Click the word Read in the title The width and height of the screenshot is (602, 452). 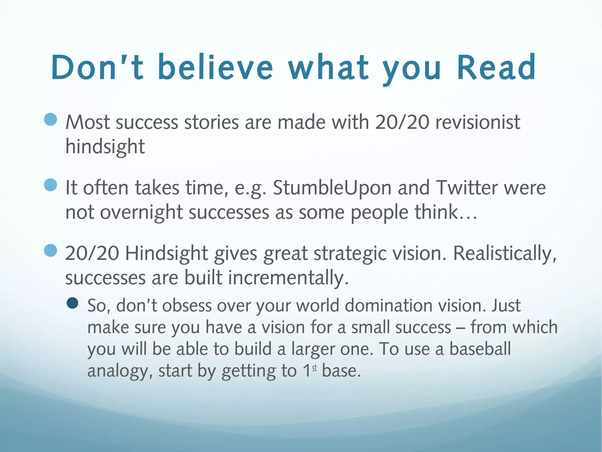tap(496, 68)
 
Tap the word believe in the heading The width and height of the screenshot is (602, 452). tap(215, 68)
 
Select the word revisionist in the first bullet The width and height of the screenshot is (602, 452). tap(478, 122)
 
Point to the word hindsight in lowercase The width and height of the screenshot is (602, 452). tap(105, 147)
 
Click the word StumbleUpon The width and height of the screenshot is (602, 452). tap(332, 188)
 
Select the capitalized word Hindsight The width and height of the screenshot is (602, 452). tap(167, 253)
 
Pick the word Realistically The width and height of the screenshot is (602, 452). tap(505, 253)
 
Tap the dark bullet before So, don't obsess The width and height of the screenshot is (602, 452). tap(73, 303)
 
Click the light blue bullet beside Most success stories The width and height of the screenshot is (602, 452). tap(51, 120)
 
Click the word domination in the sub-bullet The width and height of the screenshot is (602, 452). tap(389, 305)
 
